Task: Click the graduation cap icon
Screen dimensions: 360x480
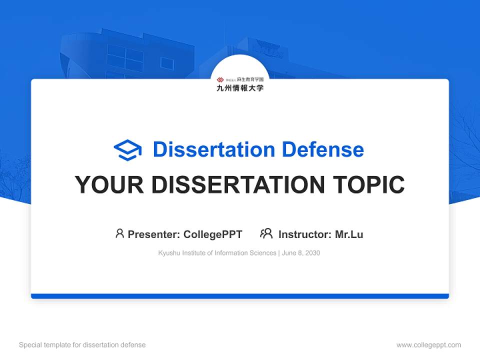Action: [127, 149]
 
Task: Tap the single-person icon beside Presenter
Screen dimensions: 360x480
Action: [119, 233]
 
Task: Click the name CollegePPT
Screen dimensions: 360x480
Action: [213, 234]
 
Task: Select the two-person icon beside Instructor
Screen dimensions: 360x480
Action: [266, 233]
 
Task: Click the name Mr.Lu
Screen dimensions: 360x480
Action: [349, 234]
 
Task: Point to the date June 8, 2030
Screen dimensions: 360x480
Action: [301, 253]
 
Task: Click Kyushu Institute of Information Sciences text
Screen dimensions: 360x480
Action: [217, 253]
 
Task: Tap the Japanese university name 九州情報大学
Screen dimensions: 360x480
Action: [240, 88]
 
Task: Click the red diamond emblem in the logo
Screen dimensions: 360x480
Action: [220, 79]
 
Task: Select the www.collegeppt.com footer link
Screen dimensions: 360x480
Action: [428, 345]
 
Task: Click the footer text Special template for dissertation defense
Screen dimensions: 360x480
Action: [82, 345]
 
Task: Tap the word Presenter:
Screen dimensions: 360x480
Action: [154, 234]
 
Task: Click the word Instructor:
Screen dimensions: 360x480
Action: [304, 234]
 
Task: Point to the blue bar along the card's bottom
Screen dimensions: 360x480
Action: [240, 296]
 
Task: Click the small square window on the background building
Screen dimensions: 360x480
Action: [167, 63]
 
